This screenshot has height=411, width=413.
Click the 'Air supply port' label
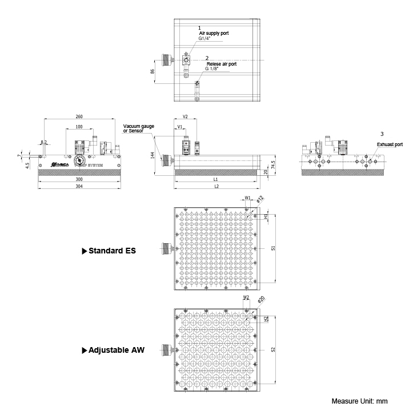click(x=214, y=34)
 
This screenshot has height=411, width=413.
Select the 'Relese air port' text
click(x=221, y=64)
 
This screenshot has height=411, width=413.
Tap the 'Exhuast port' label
click(x=390, y=144)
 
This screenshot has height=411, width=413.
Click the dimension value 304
click(x=79, y=187)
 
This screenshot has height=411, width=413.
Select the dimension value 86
click(x=153, y=71)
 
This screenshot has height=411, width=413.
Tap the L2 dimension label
click(x=216, y=187)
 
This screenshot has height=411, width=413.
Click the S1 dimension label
click(x=273, y=249)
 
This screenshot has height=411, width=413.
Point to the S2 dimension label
click(x=273, y=349)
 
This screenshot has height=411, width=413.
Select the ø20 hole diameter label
click(x=261, y=300)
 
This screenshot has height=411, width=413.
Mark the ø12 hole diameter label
click(x=260, y=199)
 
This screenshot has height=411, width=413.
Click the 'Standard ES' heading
click(x=112, y=250)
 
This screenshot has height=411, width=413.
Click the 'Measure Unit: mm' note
click(x=360, y=401)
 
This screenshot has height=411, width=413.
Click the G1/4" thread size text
click(x=205, y=39)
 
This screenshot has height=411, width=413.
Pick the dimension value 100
click(x=79, y=127)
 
